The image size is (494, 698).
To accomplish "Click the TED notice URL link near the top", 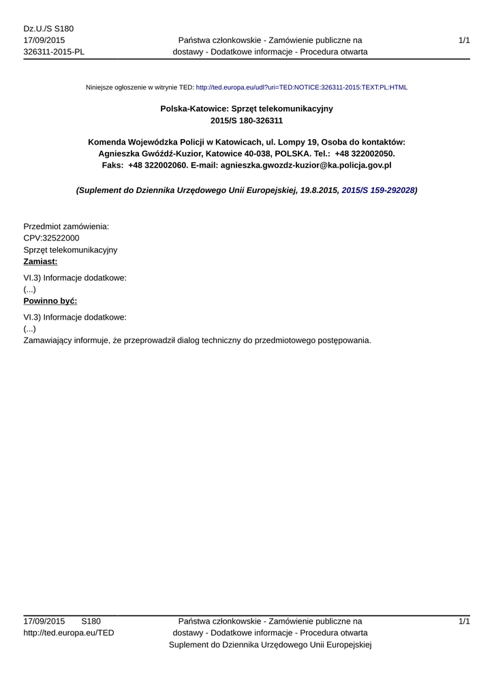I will tap(301, 88).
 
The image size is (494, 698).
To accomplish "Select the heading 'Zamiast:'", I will tap(40, 262).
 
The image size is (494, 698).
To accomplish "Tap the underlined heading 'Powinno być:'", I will tap(50, 301).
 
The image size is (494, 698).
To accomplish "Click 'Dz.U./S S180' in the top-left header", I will tap(48, 29).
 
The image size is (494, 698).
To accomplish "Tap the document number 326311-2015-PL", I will tap(54, 52).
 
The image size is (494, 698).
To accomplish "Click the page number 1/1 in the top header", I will tap(465, 40).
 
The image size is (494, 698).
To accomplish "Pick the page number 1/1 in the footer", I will tap(465, 621).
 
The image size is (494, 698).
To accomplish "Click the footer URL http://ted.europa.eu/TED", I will tap(69, 633).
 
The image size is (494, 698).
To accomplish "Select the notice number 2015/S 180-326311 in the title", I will tap(247, 121).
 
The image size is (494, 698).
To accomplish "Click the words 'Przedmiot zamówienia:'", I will tap(66, 226).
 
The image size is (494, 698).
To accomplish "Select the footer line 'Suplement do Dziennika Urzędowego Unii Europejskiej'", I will tap(270, 644).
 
